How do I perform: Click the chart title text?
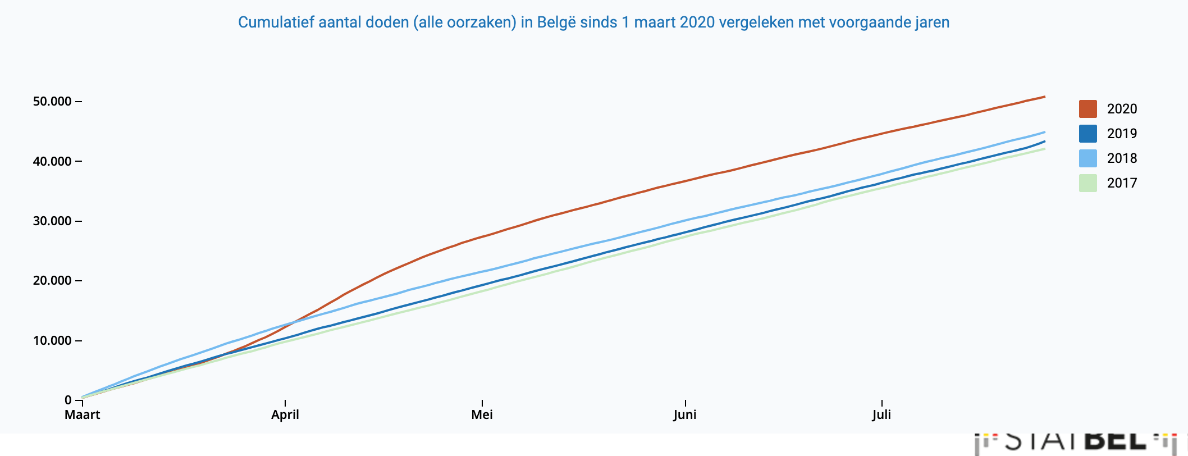pos(593,22)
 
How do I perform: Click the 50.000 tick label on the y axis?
pos(52,102)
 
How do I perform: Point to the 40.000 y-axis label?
pos(52,162)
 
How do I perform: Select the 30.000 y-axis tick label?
pos(52,221)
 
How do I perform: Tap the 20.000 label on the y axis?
pos(52,281)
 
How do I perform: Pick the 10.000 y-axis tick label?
pos(52,341)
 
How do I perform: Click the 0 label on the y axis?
pos(68,400)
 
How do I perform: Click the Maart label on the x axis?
pos(82,415)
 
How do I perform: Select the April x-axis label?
pos(285,415)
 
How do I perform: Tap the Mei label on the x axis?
pos(482,415)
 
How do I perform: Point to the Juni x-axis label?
pos(685,415)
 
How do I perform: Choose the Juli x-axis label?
pos(881,415)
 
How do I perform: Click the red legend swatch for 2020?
pos(1088,109)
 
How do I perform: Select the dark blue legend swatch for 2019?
pos(1088,134)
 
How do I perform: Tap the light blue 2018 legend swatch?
pos(1088,158)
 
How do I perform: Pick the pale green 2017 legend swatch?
pos(1088,183)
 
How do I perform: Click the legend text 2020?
pos(1122,109)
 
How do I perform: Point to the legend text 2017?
pos(1122,183)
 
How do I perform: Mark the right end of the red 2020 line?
pos(1044,97)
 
